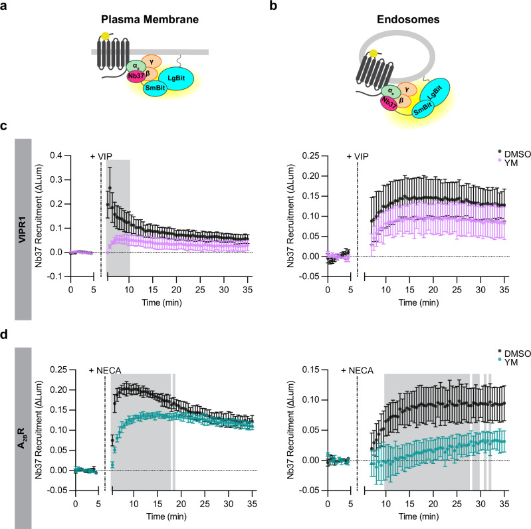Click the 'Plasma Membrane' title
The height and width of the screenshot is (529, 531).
pyautogui.click(x=150, y=19)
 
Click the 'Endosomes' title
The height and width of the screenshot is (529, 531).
pyautogui.click(x=408, y=19)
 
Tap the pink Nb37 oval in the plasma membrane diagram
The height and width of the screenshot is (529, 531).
pyautogui.click(x=136, y=76)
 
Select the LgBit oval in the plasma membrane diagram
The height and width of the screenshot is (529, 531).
pyautogui.click(x=176, y=78)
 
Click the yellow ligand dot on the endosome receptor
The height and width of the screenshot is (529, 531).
pyautogui.click(x=373, y=54)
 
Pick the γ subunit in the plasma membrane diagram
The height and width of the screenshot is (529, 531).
pyautogui.click(x=152, y=62)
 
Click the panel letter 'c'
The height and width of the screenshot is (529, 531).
pyautogui.click(x=3, y=126)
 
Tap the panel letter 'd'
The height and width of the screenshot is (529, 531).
pyautogui.click(x=4, y=334)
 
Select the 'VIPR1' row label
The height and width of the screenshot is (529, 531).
pyautogui.click(x=23, y=229)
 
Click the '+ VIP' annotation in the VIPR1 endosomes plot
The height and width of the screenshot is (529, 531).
pyautogui.click(x=358, y=156)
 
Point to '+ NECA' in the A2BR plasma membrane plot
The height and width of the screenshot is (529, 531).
pyautogui.click(x=105, y=371)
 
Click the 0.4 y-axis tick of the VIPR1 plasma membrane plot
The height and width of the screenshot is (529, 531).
pyautogui.click(x=56, y=156)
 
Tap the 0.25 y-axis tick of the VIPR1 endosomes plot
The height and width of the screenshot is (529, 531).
pyautogui.click(x=310, y=156)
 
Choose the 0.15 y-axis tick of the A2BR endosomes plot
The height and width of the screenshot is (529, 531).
pyautogui.click(x=310, y=370)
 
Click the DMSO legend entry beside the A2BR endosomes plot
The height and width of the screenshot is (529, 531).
pyautogui.click(x=514, y=354)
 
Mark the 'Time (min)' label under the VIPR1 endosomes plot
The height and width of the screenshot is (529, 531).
pyautogui.click(x=419, y=302)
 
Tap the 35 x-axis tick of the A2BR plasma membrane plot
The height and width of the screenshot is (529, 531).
pyautogui.click(x=253, y=504)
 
